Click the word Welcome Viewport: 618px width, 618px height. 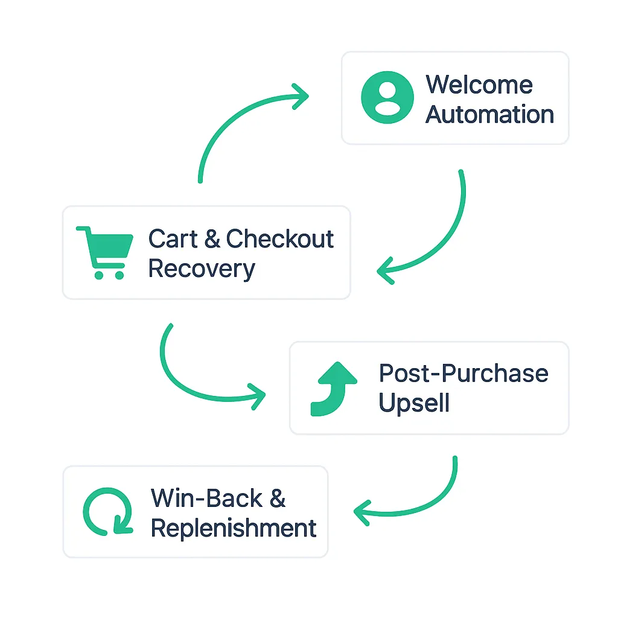479,84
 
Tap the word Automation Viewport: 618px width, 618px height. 489,114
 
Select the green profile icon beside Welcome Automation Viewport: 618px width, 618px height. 387,98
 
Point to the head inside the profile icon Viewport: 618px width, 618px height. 387,90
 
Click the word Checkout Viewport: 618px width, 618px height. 279,239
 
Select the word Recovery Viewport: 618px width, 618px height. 202,269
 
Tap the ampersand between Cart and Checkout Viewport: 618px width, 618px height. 212,239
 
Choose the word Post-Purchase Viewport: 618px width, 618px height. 463,374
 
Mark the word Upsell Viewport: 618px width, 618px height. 414,403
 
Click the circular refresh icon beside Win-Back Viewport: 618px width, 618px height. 107,511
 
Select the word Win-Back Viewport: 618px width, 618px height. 207,499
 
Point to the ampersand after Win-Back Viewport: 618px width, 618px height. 277,499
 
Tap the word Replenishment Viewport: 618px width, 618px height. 234,528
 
